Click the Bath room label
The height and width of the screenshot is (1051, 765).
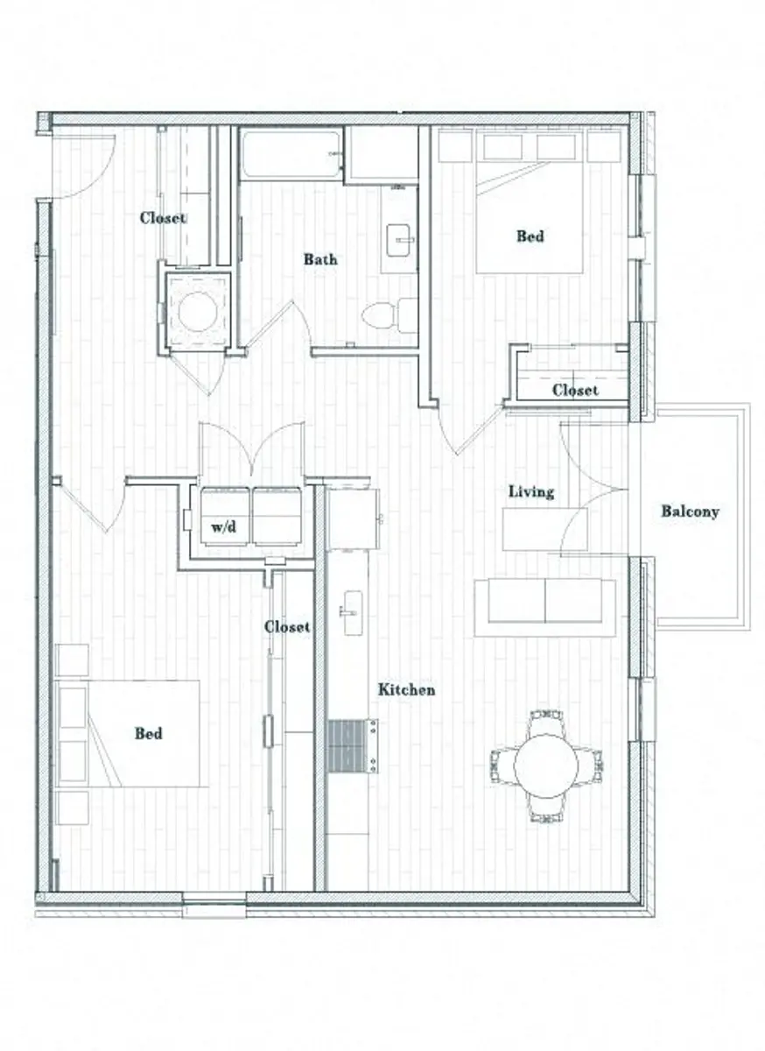pos(319,259)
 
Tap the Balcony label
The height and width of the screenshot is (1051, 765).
pos(690,511)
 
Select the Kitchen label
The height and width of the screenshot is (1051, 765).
pos(406,690)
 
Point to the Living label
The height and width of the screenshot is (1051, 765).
pos(531,492)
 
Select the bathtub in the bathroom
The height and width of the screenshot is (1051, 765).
pos(291,155)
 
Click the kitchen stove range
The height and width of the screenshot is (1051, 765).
pos(352,746)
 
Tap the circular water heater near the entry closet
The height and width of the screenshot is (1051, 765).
pos(195,311)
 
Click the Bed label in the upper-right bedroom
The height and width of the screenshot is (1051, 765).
pos(530,236)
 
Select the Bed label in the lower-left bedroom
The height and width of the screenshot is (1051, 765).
pos(148,733)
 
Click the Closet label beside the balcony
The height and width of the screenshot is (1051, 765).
pos(575,390)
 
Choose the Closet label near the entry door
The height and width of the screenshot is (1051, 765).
pos(163,217)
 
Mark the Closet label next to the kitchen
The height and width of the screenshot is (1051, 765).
pos(287,627)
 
